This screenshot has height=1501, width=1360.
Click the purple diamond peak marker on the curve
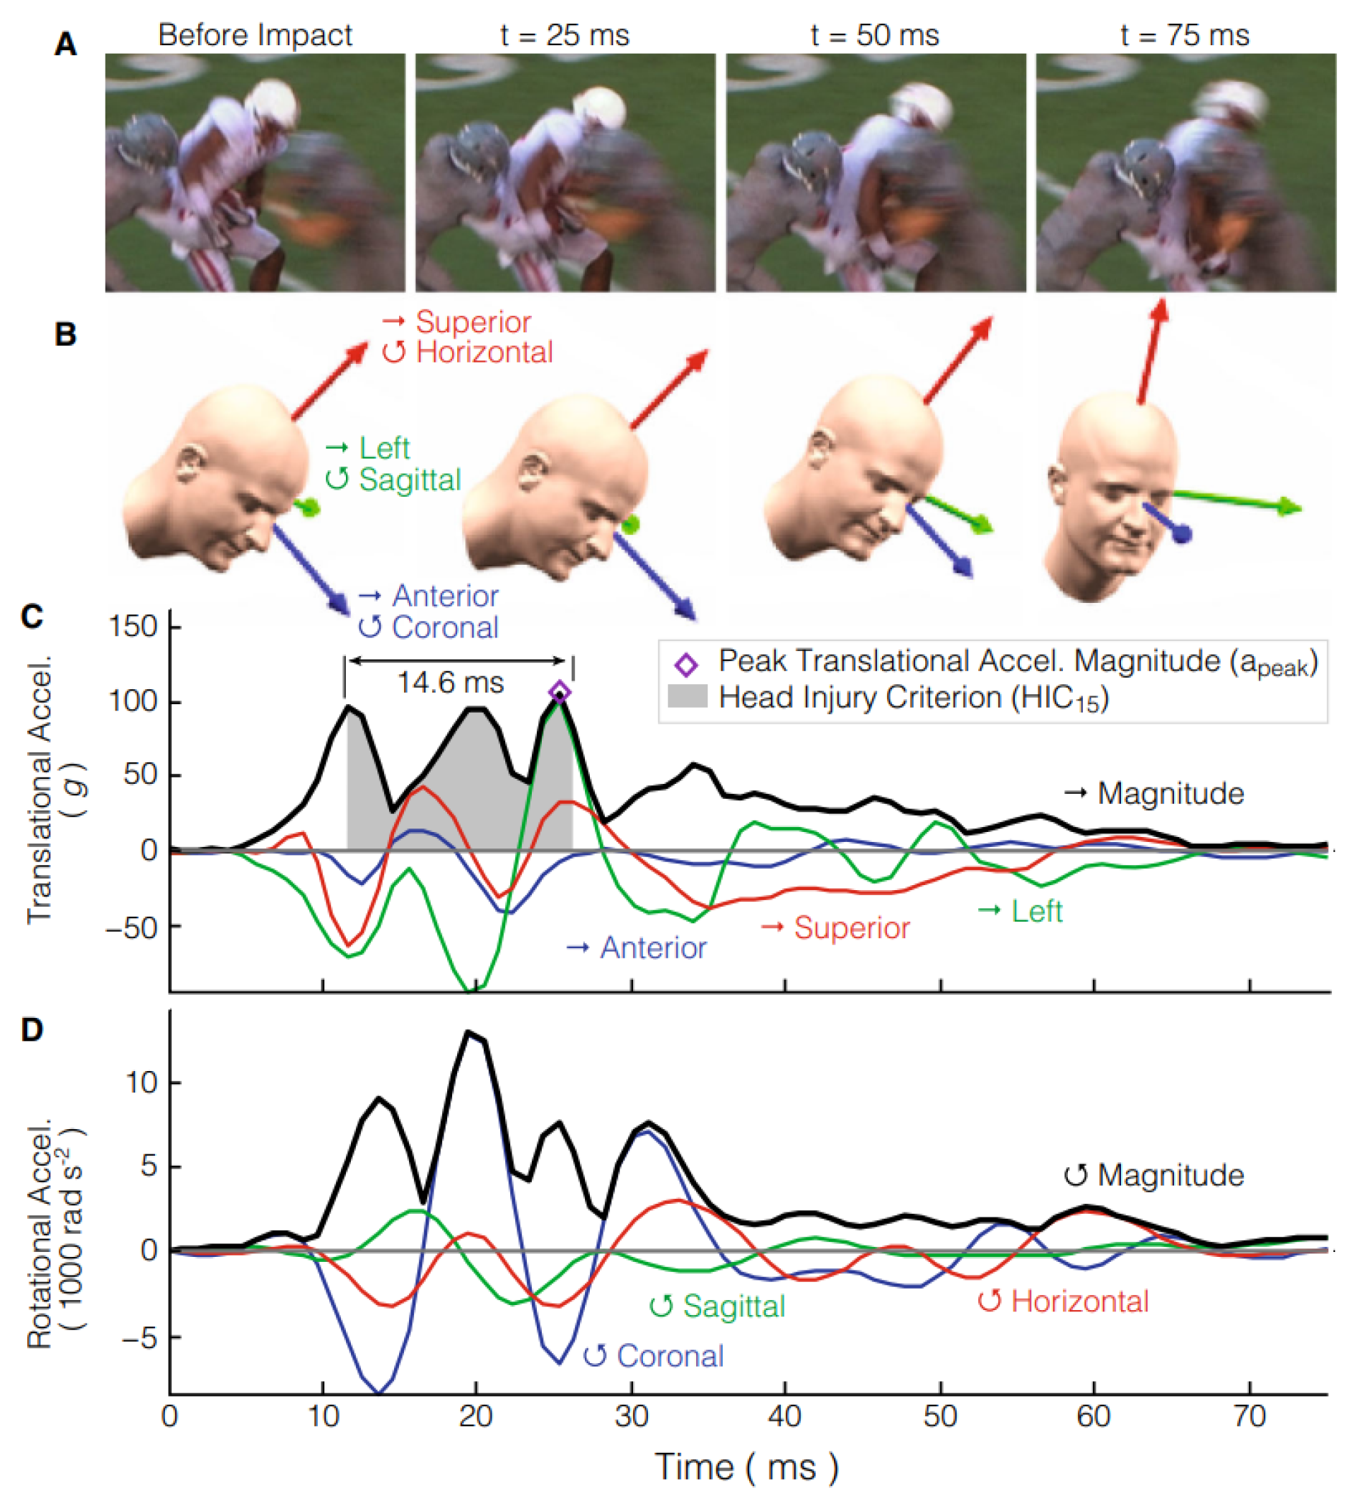click(560, 693)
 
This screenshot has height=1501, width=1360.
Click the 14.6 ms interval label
click(451, 683)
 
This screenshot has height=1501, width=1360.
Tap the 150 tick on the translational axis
click(133, 626)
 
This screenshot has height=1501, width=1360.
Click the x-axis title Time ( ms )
click(746, 1467)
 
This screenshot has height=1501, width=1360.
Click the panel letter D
click(32, 1030)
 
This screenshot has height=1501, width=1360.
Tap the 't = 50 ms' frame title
click(875, 35)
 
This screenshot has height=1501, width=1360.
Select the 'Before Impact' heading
click(255, 35)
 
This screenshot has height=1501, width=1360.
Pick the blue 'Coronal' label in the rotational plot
click(670, 1356)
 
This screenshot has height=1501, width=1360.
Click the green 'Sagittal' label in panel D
click(733, 1306)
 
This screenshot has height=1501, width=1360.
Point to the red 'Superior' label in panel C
click(851, 928)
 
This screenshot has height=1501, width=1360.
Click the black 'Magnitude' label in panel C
click(1171, 794)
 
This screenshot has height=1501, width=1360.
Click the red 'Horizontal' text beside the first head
click(484, 352)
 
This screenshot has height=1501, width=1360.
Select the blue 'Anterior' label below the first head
click(444, 597)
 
